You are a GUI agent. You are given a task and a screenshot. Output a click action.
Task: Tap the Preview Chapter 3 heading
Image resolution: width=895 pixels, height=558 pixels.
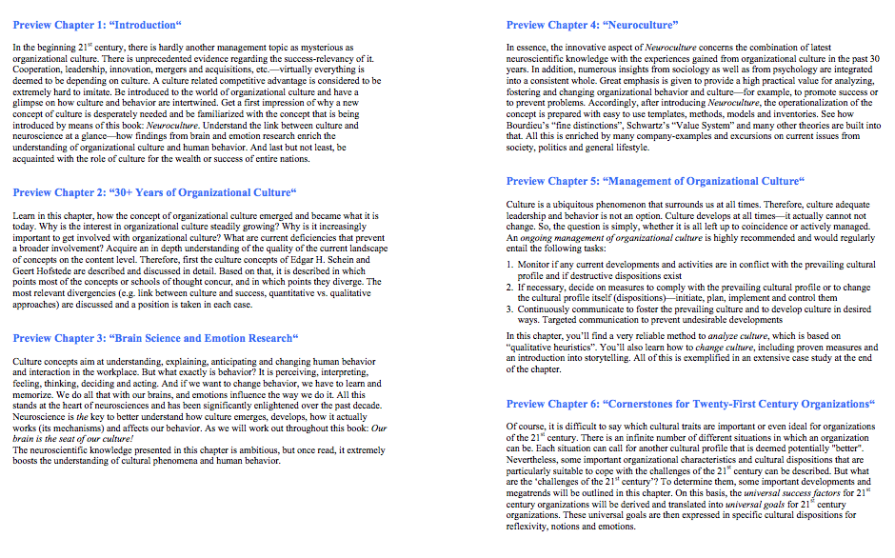[155, 338]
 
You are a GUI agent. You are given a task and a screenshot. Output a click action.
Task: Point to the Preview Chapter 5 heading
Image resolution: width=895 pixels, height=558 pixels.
[655, 181]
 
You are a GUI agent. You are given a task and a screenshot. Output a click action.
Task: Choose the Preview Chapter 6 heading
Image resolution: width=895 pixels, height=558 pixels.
[689, 404]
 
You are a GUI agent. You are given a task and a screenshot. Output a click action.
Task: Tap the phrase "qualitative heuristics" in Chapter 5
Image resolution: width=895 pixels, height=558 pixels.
[557, 347]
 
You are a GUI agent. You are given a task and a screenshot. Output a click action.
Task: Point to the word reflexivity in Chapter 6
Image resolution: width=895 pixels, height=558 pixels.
[529, 527]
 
